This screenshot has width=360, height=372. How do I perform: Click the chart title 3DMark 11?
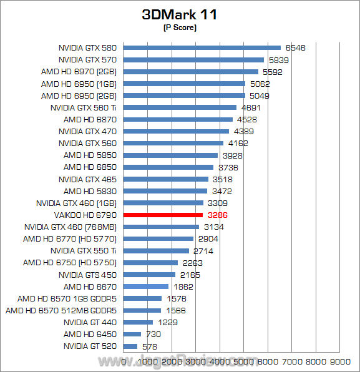point(179,14)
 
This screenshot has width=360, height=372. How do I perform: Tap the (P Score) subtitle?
point(179,27)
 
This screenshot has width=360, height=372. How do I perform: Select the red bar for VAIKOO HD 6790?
point(163,215)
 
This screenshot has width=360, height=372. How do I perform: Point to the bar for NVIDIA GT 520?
point(131,346)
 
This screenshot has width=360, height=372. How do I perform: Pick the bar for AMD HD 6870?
point(178,119)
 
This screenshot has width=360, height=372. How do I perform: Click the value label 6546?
point(295,47)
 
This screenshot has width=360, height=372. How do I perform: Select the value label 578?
point(149,346)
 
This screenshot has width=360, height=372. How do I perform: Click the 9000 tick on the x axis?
point(339,361)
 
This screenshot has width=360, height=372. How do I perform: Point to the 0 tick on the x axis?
point(124,361)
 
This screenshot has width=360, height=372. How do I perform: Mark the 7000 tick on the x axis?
point(291,361)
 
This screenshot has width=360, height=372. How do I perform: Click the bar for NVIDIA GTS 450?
point(150,275)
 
